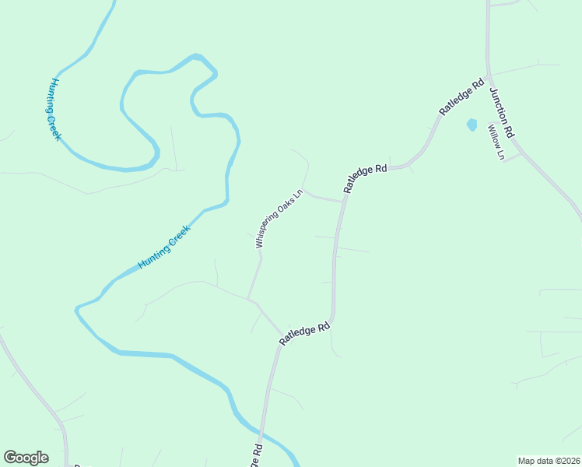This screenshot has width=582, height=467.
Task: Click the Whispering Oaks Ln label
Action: pos(279,219)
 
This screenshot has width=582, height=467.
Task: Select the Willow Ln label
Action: pos(496,142)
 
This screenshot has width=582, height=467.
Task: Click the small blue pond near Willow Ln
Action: pos(471,124)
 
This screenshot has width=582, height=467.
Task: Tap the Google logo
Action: pos(26,458)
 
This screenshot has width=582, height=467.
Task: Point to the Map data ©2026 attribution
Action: pos(548,461)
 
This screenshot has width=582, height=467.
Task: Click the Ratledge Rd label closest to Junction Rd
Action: pos(461,97)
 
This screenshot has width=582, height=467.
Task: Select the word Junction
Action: pos(500,107)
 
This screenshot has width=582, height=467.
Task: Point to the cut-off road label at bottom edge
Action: pos(255,457)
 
